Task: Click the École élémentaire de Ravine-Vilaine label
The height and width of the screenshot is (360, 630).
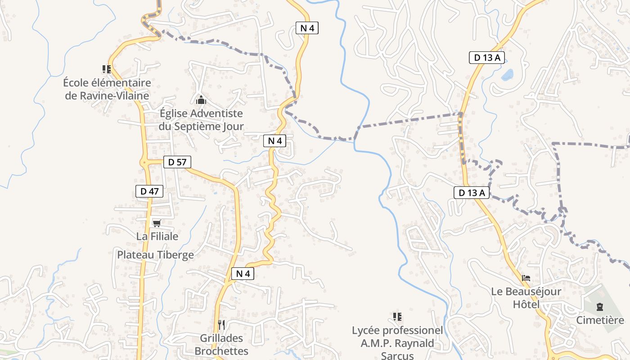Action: [x=107, y=89]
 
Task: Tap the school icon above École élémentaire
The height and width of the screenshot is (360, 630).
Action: [x=107, y=69]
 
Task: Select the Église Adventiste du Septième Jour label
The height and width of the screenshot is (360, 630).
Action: [x=201, y=120]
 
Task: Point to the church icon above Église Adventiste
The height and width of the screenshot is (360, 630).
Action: [x=201, y=99]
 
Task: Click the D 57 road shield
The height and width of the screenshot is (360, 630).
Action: [x=177, y=162]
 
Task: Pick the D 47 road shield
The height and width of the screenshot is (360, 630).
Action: [x=149, y=191]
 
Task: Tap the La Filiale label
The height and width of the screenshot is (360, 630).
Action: [x=157, y=236]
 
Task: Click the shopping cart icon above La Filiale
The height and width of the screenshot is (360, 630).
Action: [x=157, y=223]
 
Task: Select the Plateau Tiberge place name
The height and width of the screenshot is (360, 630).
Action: [x=155, y=255]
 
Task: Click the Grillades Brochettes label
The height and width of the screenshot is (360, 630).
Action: [x=221, y=345]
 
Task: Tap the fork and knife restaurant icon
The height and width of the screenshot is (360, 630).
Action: [x=221, y=324]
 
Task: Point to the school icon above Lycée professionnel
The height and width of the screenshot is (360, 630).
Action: [x=397, y=317]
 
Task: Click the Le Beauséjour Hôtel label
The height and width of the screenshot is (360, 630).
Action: [x=526, y=297]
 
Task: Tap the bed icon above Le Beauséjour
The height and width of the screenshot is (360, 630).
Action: [x=526, y=278]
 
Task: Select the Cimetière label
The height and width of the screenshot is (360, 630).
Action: [x=600, y=320]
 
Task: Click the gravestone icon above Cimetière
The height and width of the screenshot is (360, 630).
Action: [x=599, y=307]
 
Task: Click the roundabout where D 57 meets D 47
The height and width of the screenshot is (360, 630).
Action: [x=144, y=162]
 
